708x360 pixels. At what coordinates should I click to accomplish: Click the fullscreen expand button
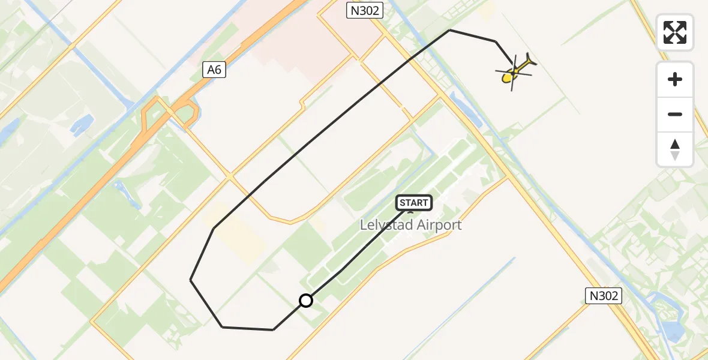click(x=675, y=32)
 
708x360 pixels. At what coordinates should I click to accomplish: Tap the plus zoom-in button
click(x=675, y=79)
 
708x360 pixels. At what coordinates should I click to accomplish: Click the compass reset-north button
click(x=675, y=149)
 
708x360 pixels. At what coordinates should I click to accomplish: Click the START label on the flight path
click(x=414, y=203)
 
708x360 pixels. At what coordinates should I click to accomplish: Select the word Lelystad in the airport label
click(x=385, y=225)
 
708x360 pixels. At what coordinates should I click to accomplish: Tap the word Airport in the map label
click(x=436, y=225)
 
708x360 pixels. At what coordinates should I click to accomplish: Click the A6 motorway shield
click(x=214, y=70)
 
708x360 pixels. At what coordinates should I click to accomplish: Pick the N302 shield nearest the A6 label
click(x=364, y=10)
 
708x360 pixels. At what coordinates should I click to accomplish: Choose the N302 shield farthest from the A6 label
click(x=603, y=295)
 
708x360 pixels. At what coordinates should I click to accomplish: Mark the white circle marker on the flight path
click(x=306, y=301)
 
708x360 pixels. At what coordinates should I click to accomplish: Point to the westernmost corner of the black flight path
click(x=191, y=280)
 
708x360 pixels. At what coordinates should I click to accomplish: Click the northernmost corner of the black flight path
click(x=450, y=30)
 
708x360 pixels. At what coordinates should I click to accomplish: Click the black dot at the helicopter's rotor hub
click(x=514, y=73)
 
